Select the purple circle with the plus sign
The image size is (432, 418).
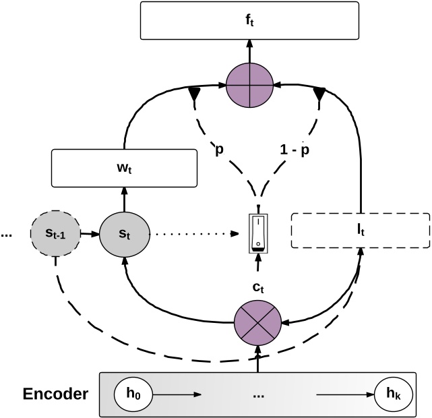[250, 86]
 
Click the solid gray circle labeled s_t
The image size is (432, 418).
[123, 234]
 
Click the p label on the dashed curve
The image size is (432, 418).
[219, 150]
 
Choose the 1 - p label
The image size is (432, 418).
[295, 150]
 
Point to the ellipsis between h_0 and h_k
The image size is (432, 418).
[259, 395]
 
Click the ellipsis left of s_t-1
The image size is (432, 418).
[7, 235]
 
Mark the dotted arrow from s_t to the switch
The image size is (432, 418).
[195, 234]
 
